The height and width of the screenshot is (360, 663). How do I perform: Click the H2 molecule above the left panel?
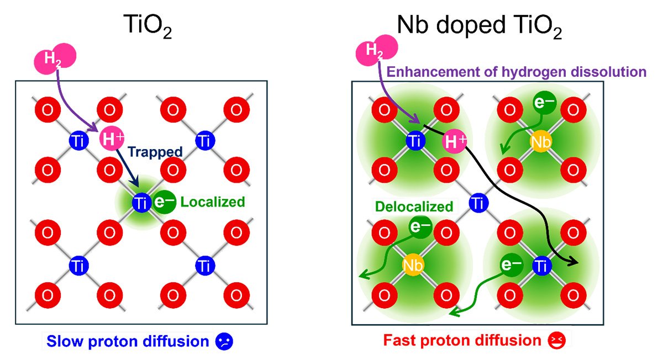tap(55, 59)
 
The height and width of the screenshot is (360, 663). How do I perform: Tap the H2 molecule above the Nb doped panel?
tap(376, 50)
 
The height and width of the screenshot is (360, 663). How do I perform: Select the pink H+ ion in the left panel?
tap(112, 139)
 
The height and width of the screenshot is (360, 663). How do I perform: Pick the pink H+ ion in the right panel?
tap(454, 141)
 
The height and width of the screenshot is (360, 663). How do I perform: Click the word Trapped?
tap(155, 152)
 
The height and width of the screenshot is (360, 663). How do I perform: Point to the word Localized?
tap(213, 202)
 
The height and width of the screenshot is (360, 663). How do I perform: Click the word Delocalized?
tap(414, 207)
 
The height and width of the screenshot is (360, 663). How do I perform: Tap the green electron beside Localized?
tap(164, 202)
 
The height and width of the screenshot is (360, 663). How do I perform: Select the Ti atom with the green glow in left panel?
tap(141, 203)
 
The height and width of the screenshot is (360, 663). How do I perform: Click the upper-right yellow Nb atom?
tap(541, 142)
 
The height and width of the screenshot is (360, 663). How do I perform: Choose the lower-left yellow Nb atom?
tap(413, 265)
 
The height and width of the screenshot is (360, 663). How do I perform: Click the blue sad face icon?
tap(224, 342)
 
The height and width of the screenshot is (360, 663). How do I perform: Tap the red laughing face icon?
tap(556, 341)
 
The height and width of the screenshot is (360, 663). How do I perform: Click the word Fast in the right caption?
tap(399, 340)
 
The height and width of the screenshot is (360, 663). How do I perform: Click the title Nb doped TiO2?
tap(479, 26)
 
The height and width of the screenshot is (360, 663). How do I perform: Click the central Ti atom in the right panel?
tap(478, 203)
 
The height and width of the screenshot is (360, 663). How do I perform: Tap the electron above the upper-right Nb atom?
tap(545, 102)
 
